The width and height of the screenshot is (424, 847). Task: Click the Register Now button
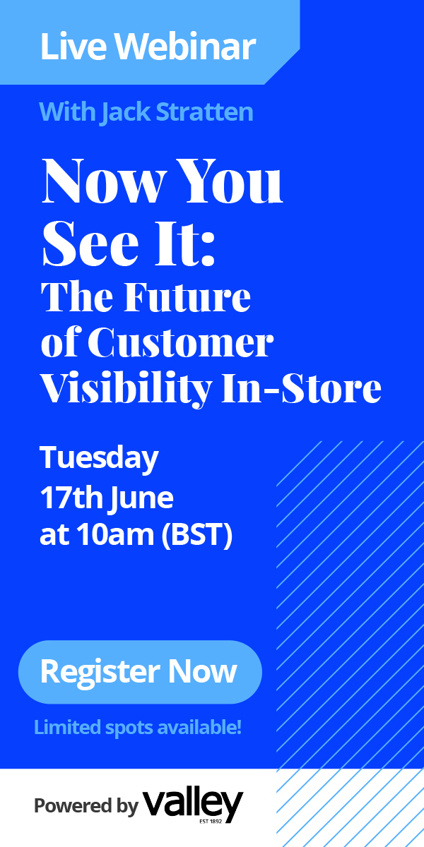pos(140,672)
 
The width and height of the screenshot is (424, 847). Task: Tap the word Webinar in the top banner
pos(185,46)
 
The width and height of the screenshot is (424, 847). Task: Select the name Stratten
pos(204,112)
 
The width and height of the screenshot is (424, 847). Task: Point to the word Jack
pos(126,113)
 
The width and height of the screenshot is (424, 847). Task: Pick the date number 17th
pos(71,498)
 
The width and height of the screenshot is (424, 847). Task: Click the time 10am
pos(115,535)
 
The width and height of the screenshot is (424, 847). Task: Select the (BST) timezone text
pos(197,536)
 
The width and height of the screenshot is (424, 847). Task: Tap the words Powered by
pos(86,805)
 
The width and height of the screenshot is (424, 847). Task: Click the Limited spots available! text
pos(138,728)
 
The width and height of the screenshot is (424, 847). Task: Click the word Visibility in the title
pos(126,390)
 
